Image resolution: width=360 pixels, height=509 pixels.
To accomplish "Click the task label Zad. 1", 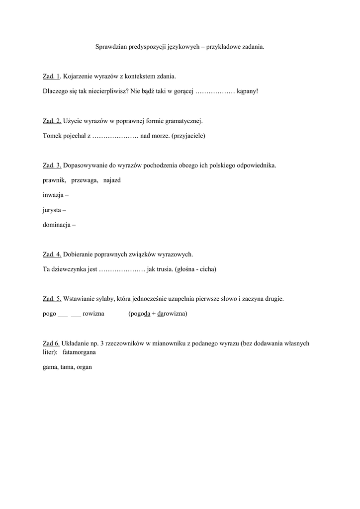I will coord(51,77).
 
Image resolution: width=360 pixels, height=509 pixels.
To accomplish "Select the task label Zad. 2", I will coord(52,121).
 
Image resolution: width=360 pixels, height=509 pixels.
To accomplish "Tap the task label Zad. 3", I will coord(52,165).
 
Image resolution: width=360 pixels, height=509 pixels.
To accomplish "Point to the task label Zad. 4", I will coord(52,254).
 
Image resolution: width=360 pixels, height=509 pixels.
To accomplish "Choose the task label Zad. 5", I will coord(52,299).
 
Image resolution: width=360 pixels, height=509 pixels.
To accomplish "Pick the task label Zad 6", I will coord(51,343).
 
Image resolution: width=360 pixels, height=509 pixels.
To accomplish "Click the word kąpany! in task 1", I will coord(248,91).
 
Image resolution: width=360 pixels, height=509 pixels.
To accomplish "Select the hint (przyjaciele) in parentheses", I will coord(188,136).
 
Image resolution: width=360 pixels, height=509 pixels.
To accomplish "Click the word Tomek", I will coord(52,136).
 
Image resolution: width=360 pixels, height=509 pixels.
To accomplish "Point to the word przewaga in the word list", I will coord(85,180).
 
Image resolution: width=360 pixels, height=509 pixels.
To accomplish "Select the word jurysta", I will coord(53,210).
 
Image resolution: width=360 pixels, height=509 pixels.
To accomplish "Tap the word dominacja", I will coord(57,225).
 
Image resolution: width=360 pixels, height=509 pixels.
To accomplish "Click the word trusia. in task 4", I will coord(162,269).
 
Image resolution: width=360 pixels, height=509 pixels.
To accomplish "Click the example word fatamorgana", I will coord(80,352).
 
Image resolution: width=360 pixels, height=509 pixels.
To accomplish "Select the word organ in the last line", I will coord(85,367).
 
